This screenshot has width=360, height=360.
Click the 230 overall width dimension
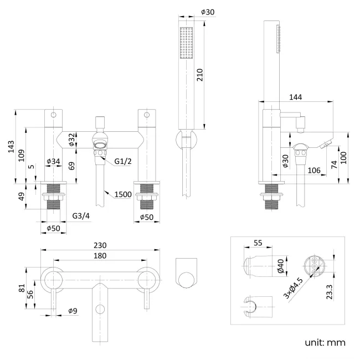pyautogui.click(x=100, y=244)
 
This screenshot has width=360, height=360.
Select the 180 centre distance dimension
pyautogui.click(x=100, y=255)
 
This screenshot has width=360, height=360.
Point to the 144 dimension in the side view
pyautogui.click(x=296, y=97)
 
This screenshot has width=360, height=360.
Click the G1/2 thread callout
pyautogui.click(x=122, y=161)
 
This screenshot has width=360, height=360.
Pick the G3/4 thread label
pyautogui.click(x=81, y=215)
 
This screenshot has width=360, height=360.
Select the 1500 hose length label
pyautogui.click(x=124, y=194)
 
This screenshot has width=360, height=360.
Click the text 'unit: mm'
pyautogui.click(x=327, y=342)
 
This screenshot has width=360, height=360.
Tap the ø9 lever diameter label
pyautogui.click(x=73, y=311)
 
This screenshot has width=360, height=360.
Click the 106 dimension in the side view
pyautogui.click(x=313, y=169)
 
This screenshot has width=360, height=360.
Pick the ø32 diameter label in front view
pyautogui.click(x=71, y=140)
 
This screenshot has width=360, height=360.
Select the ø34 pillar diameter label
pyautogui.click(x=53, y=161)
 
